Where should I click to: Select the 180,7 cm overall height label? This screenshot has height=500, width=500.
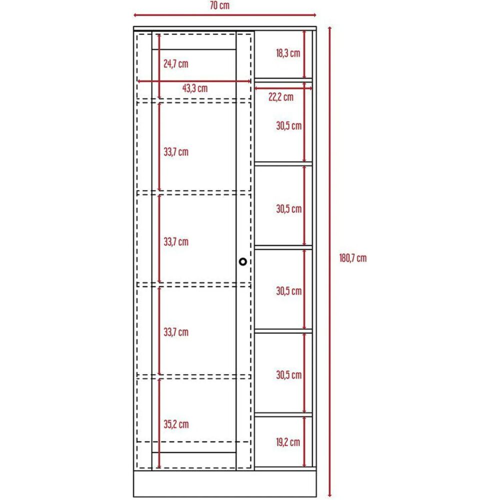pyautogui.click(x=353, y=258)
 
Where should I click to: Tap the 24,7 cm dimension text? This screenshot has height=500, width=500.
pyautogui.click(x=176, y=64)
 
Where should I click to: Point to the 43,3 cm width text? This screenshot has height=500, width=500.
pyautogui.click(x=194, y=88)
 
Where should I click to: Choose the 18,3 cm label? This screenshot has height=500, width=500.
pyautogui.click(x=288, y=53)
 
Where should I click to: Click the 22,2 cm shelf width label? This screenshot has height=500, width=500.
pyautogui.click(x=281, y=97)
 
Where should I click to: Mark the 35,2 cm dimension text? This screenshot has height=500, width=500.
pyautogui.click(x=176, y=424)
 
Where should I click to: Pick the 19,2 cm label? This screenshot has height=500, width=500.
pyautogui.click(x=288, y=441)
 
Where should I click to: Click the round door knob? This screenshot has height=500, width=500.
pyautogui.click(x=243, y=261)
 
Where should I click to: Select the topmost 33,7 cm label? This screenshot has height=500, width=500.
pyautogui.click(x=176, y=151)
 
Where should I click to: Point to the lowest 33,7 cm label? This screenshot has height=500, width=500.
pyautogui.click(x=176, y=332)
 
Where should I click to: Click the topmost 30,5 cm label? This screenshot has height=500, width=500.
pyautogui.click(x=289, y=126)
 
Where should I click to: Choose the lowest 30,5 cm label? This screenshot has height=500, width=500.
pyautogui.click(x=289, y=374)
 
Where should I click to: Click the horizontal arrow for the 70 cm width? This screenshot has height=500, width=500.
pyautogui.click(x=224, y=15)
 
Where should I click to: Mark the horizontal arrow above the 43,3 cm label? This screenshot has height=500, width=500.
pyautogui.click(x=194, y=81)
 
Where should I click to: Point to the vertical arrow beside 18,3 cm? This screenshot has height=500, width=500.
pyautogui.click(x=304, y=53)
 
